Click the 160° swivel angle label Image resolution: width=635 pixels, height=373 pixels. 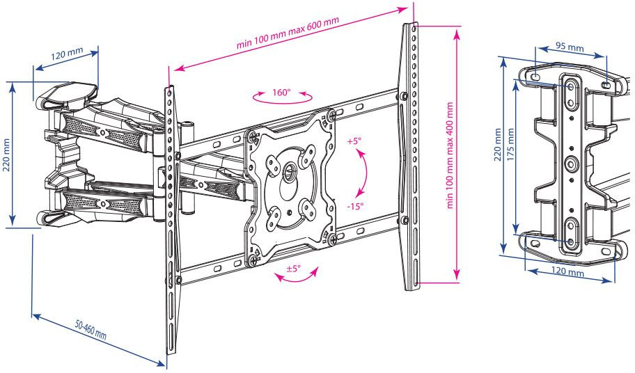[x=281, y=91]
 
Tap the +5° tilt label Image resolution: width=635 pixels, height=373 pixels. [x=354, y=141]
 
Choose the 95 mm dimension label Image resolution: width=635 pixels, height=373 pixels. [x=570, y=47]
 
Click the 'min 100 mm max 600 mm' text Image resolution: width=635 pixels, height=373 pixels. [x=288, y=33]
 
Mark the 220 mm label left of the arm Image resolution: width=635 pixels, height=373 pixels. [x=7, y=156]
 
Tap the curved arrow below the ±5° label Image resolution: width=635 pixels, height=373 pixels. [x=295, y=278]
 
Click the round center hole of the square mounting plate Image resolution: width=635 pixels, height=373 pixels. [x=288, y=170]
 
